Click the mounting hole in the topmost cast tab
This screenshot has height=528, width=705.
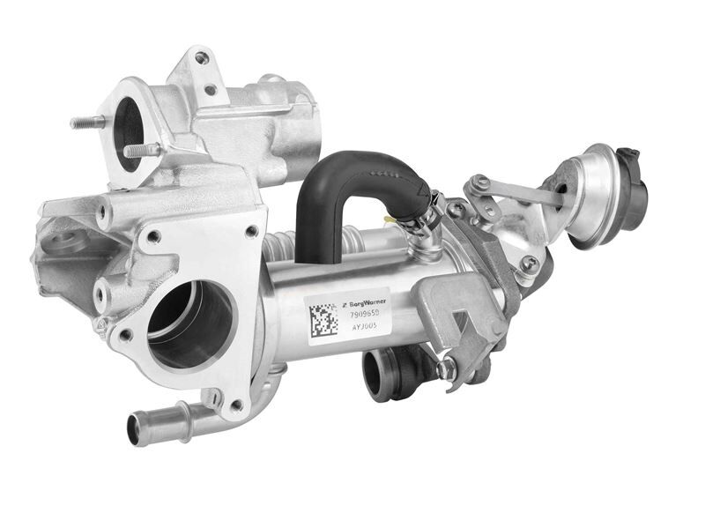202,58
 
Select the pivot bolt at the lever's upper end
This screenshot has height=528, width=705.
479,184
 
